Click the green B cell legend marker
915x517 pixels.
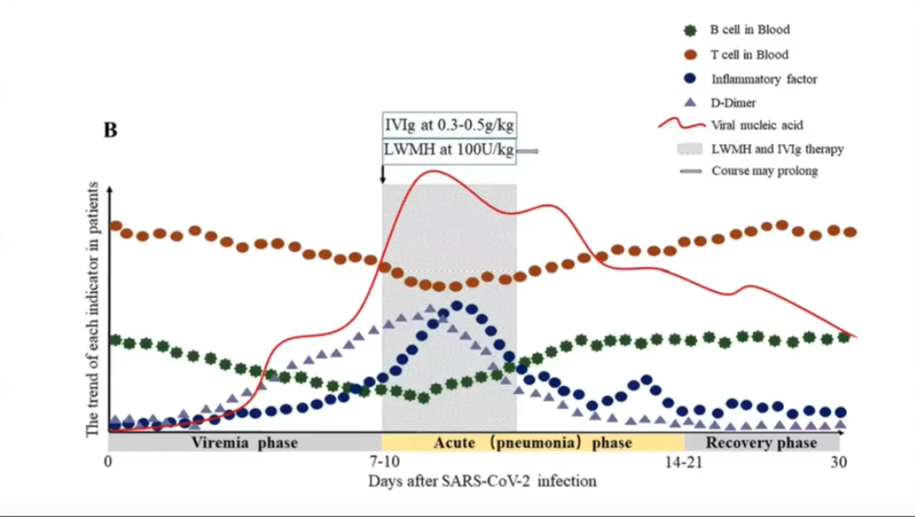691,31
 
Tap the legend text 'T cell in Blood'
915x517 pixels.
749,54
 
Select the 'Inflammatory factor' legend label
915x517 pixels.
764,78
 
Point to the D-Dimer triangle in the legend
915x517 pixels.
691,102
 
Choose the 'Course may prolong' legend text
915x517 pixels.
764,171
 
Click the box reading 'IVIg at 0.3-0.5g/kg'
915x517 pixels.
447,126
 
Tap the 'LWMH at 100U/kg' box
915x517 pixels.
447,149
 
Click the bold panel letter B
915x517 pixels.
111,131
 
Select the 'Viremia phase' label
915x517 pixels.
245,443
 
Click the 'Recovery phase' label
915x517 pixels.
761,443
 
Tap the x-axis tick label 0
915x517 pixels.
108,462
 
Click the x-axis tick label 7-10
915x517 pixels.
385,462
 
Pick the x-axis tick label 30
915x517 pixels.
839,462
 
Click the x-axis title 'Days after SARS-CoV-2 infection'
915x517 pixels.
481,480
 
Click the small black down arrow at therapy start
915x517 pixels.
382,173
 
